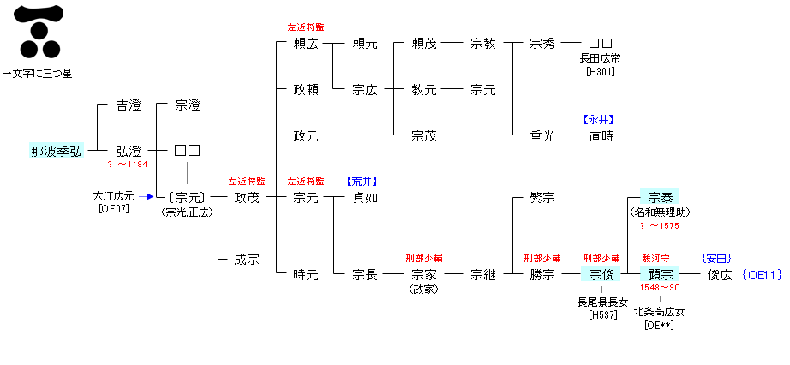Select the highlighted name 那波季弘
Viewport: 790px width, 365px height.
pyautogui.click(x=57, y=152)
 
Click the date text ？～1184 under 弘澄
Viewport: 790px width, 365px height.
pyautogui.click(x=129, y=164)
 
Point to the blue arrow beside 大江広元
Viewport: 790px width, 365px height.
pyautogui.click(x=147, y=196)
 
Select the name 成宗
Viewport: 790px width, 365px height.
pyautogui.click(x=247, y=260)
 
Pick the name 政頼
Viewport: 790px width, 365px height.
pyautogui.click(x=306, y=89)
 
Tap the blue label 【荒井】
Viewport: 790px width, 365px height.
pyautogui.click(x=362, y=182)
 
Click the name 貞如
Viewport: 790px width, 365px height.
pyautogui.click(x=365, y=198)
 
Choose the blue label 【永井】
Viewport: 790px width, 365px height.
pyautogui.click(x=600, y=120)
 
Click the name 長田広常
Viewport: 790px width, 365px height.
pyautogui.click(x=601, y=58)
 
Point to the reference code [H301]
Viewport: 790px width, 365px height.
pyautogui.click(x=601, y=71)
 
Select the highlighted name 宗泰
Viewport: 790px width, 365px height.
pyautogui.click(x=660, y=198)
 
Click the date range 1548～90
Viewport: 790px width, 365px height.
pyautogui.click(x=660, y=288)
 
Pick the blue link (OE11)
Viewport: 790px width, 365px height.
pyautogui.click(x=763, y=275)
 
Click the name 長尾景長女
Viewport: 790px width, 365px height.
pyautogui.click(x=600, y=302)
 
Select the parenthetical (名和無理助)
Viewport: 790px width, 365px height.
pyautogui.click(x=660, y=212)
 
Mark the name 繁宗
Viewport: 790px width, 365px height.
pyautogui.click(x=542, y=198)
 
